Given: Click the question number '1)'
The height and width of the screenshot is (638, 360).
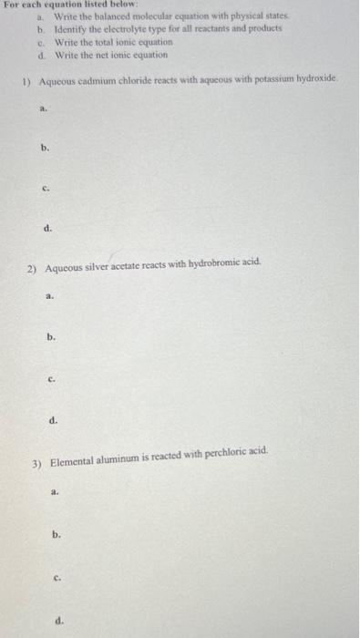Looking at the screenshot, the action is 26,80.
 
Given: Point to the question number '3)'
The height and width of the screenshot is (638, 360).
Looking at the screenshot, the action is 36,463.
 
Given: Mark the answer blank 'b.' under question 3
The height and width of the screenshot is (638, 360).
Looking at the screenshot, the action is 57,536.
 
